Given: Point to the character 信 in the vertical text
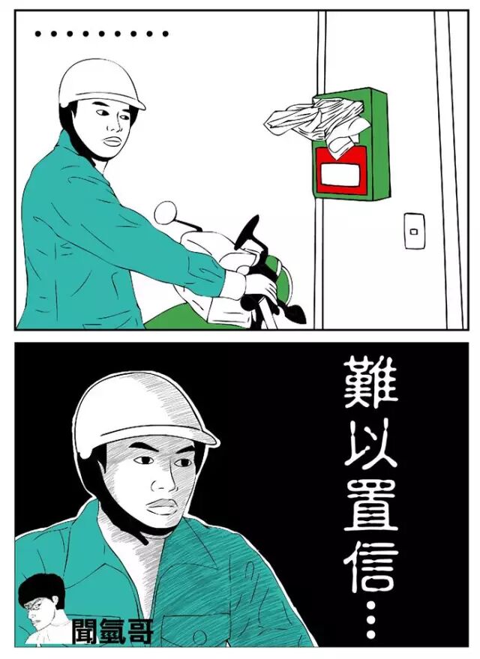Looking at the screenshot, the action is [370, 566].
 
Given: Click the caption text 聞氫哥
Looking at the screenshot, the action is [112, 631].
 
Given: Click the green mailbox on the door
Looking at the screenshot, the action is [351, 144].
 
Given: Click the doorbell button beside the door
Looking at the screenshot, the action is [415, 231].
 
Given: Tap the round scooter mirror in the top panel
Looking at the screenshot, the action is [165, 212].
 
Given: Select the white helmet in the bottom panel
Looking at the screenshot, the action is [143, 413].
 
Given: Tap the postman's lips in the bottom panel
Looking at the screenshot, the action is [161, 507].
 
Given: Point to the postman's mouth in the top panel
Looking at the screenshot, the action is [112, 141].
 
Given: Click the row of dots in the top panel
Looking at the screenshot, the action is [102, 34].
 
